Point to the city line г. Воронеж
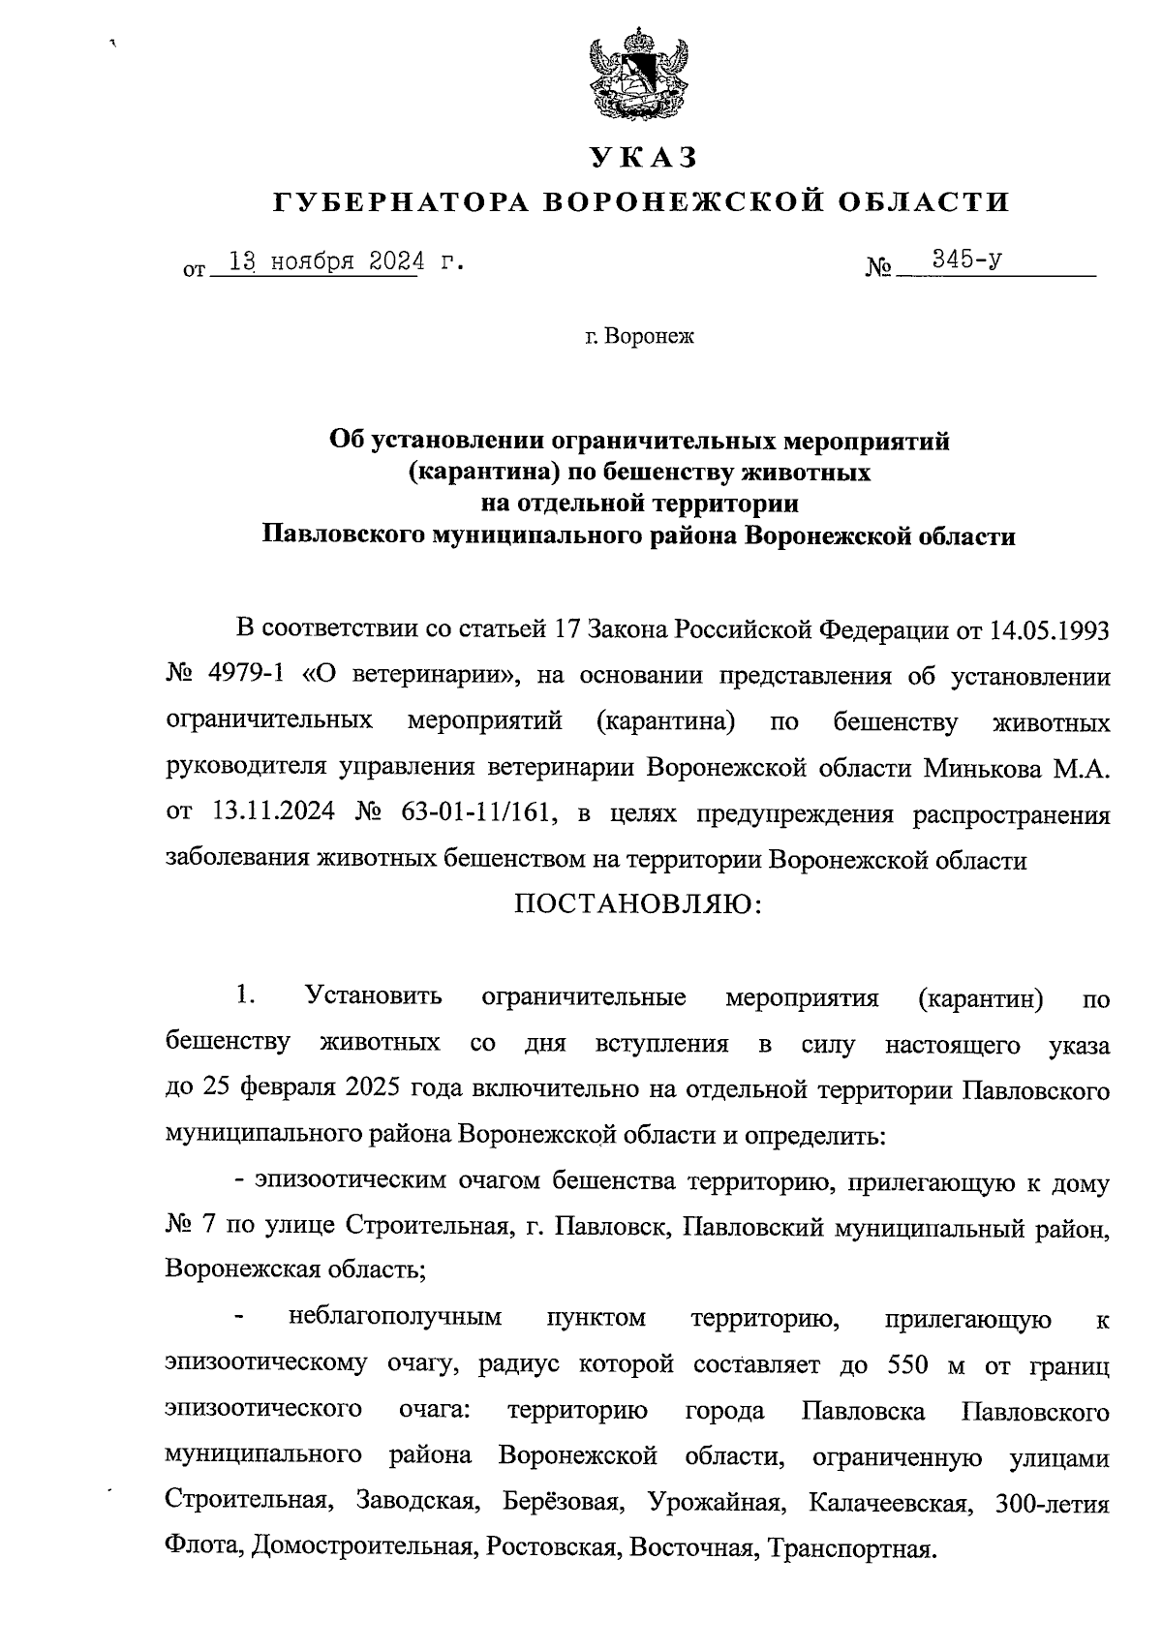pyautogui.click(x=640, y=337)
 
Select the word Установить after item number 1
pyautogui.click(x=374, y=996)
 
